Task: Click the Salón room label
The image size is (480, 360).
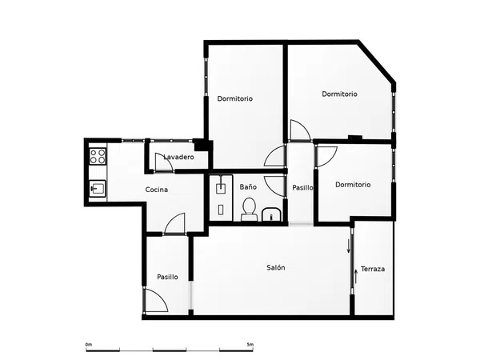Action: [x=276, y=267]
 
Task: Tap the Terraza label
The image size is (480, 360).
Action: [x=373, y=269]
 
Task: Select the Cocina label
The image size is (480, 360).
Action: [x=157, y=190]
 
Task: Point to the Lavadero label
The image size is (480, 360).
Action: [x=178, y=157]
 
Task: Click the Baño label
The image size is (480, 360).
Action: [x=248, y=186]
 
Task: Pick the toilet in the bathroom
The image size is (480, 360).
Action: [x=249, y=210]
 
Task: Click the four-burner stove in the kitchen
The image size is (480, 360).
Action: [x=98, y=156]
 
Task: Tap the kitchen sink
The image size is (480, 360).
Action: [x=98, y=188]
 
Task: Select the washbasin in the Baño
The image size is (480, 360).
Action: [x=271, y=214]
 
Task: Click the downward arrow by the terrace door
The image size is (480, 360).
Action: [x=348, y=246]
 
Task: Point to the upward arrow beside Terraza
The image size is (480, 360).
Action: [x=356, y=277]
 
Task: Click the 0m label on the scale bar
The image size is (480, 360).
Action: [x=89, y=345]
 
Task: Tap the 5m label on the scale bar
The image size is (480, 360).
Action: [x=250, y=345]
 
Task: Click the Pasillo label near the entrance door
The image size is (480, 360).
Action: [x=167, y=277]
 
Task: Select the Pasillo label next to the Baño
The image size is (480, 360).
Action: [x=302, y=188]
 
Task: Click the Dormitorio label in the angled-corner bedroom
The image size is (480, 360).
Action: [x=339, y=94]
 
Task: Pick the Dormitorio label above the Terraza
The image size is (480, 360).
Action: [x=353, y=185]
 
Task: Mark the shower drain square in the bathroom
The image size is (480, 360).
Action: [x=221, y=189]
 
